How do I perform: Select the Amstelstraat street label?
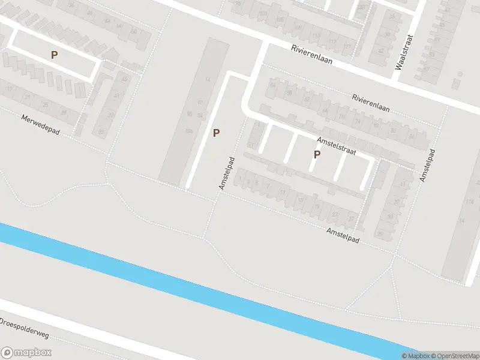pos(337,147)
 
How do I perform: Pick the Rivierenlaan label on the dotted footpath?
pos(371,103)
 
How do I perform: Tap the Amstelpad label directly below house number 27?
pos(343,235)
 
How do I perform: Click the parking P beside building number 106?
pos(216,133)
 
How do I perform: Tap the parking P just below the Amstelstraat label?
pos(317,155)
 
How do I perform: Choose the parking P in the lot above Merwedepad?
pos(55,55)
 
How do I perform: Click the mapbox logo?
pos(26,353)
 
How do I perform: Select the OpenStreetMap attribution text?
pos(454,356)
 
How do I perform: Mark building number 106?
pos(189,130)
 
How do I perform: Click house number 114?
pos(469,201)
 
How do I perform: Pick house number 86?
pos(411,137)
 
